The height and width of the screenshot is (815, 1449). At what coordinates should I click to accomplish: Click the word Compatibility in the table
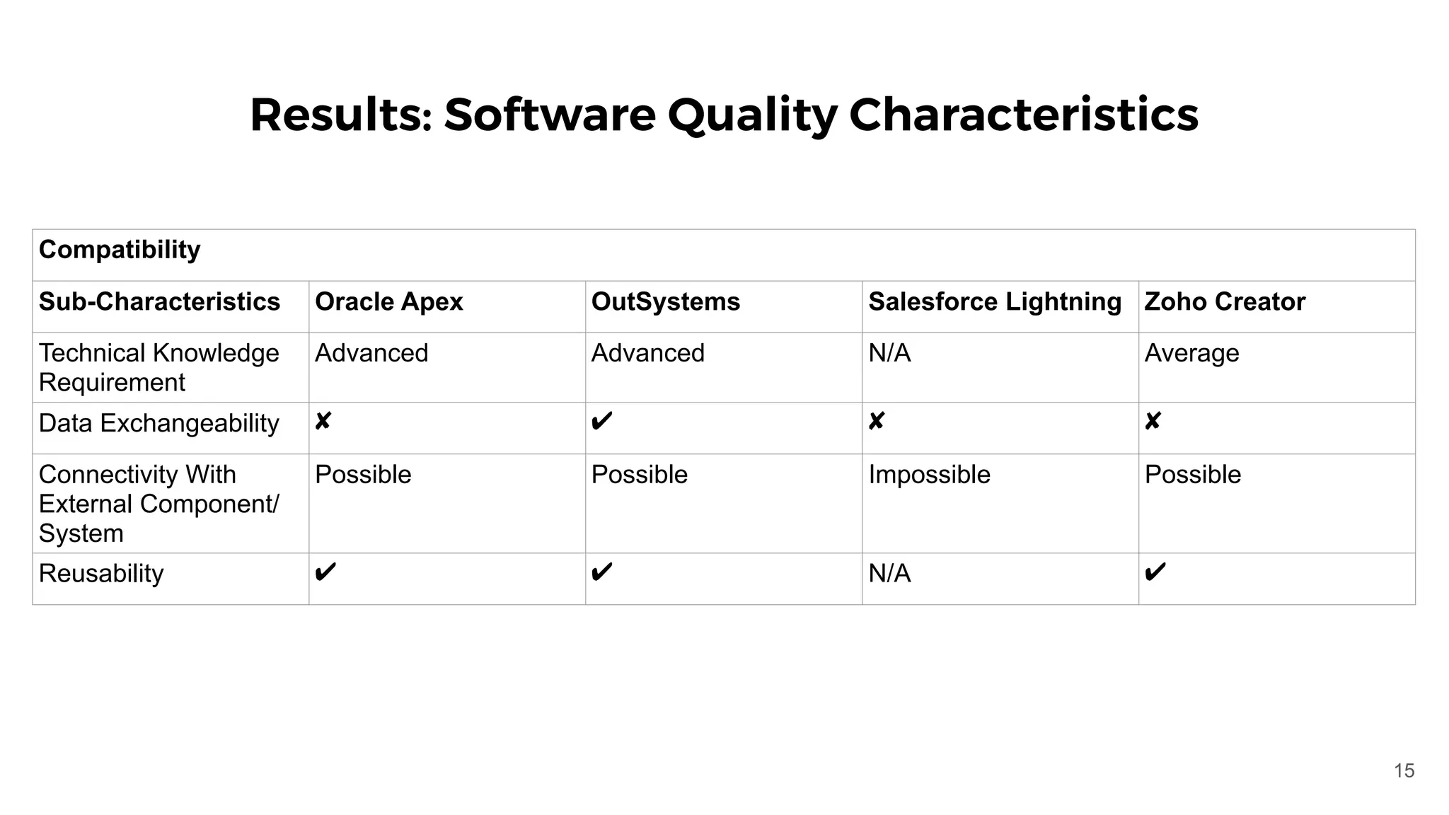coord(120,250)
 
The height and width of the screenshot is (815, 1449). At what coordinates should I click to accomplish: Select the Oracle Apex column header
coord(388,302)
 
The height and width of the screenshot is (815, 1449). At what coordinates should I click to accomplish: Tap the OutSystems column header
coord(665,302)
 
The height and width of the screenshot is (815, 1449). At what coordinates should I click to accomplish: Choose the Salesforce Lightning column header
coord(994,302)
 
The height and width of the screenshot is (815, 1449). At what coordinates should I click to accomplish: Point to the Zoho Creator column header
coord(1224,302)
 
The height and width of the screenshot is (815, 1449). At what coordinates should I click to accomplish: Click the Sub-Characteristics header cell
coord(159,302)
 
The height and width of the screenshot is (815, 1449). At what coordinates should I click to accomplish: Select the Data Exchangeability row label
coord(158,423)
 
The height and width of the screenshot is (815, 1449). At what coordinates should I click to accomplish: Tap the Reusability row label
coord(101,573)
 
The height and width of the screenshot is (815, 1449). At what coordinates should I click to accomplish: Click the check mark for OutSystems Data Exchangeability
coord(601,422)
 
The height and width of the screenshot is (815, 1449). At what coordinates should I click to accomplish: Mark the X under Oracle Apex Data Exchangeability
coord(323,422)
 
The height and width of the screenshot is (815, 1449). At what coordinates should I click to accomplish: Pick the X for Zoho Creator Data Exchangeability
coord(1153,422)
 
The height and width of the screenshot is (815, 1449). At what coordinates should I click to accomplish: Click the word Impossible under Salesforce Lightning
coord(929,475)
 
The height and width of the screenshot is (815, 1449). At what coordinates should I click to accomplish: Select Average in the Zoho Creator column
coord(1191,353)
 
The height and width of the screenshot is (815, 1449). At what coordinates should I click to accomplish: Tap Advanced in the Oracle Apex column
coord(371,353)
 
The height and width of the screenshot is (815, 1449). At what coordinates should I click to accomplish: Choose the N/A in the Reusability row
coord(889,573)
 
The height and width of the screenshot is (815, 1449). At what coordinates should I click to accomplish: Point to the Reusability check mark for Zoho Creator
coord(1155,572)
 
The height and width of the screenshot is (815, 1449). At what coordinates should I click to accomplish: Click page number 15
coord(1404,770)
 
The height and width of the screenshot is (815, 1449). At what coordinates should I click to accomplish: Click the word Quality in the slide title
coord(752,115)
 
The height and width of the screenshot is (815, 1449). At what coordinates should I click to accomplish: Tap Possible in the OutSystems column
coord(639,475)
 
